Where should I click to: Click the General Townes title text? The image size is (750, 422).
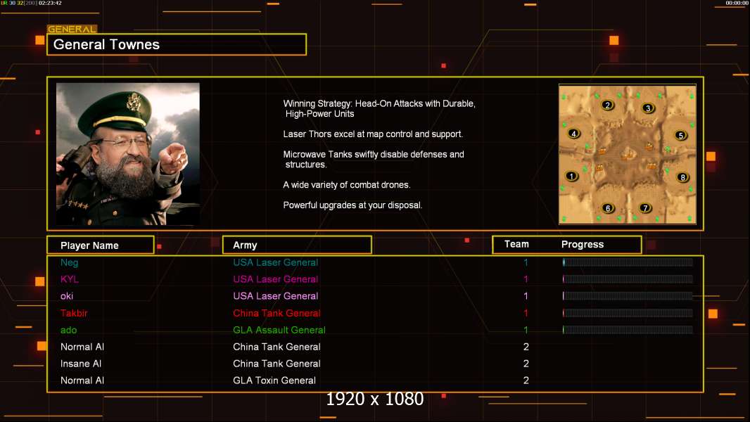point(106,44)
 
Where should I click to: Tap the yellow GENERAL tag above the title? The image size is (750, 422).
point(72,29)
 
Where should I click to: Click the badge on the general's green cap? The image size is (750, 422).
point(132,102)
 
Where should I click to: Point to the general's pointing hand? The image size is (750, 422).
point(172,158)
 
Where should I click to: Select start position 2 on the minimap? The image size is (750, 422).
point(607,105)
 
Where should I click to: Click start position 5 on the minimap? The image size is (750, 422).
point(680,135)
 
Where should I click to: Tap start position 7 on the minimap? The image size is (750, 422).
point(645,208)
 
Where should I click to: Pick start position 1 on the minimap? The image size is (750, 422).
point(571,176)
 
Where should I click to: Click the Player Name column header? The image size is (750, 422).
point(89,245)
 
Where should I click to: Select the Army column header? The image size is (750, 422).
point(245,245)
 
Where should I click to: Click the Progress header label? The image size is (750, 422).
point(582,244)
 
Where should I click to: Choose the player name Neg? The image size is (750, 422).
point(70,262)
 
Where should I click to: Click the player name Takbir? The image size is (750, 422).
point(74,313)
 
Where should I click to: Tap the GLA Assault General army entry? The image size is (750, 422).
point(279,330)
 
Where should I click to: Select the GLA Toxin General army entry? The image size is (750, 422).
point(274,381)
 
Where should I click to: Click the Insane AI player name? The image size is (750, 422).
point(81,364)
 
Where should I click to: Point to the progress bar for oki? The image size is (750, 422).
point(628,296)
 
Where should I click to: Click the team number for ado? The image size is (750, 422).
point(526,330)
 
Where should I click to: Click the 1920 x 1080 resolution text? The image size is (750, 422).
point(374,399)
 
